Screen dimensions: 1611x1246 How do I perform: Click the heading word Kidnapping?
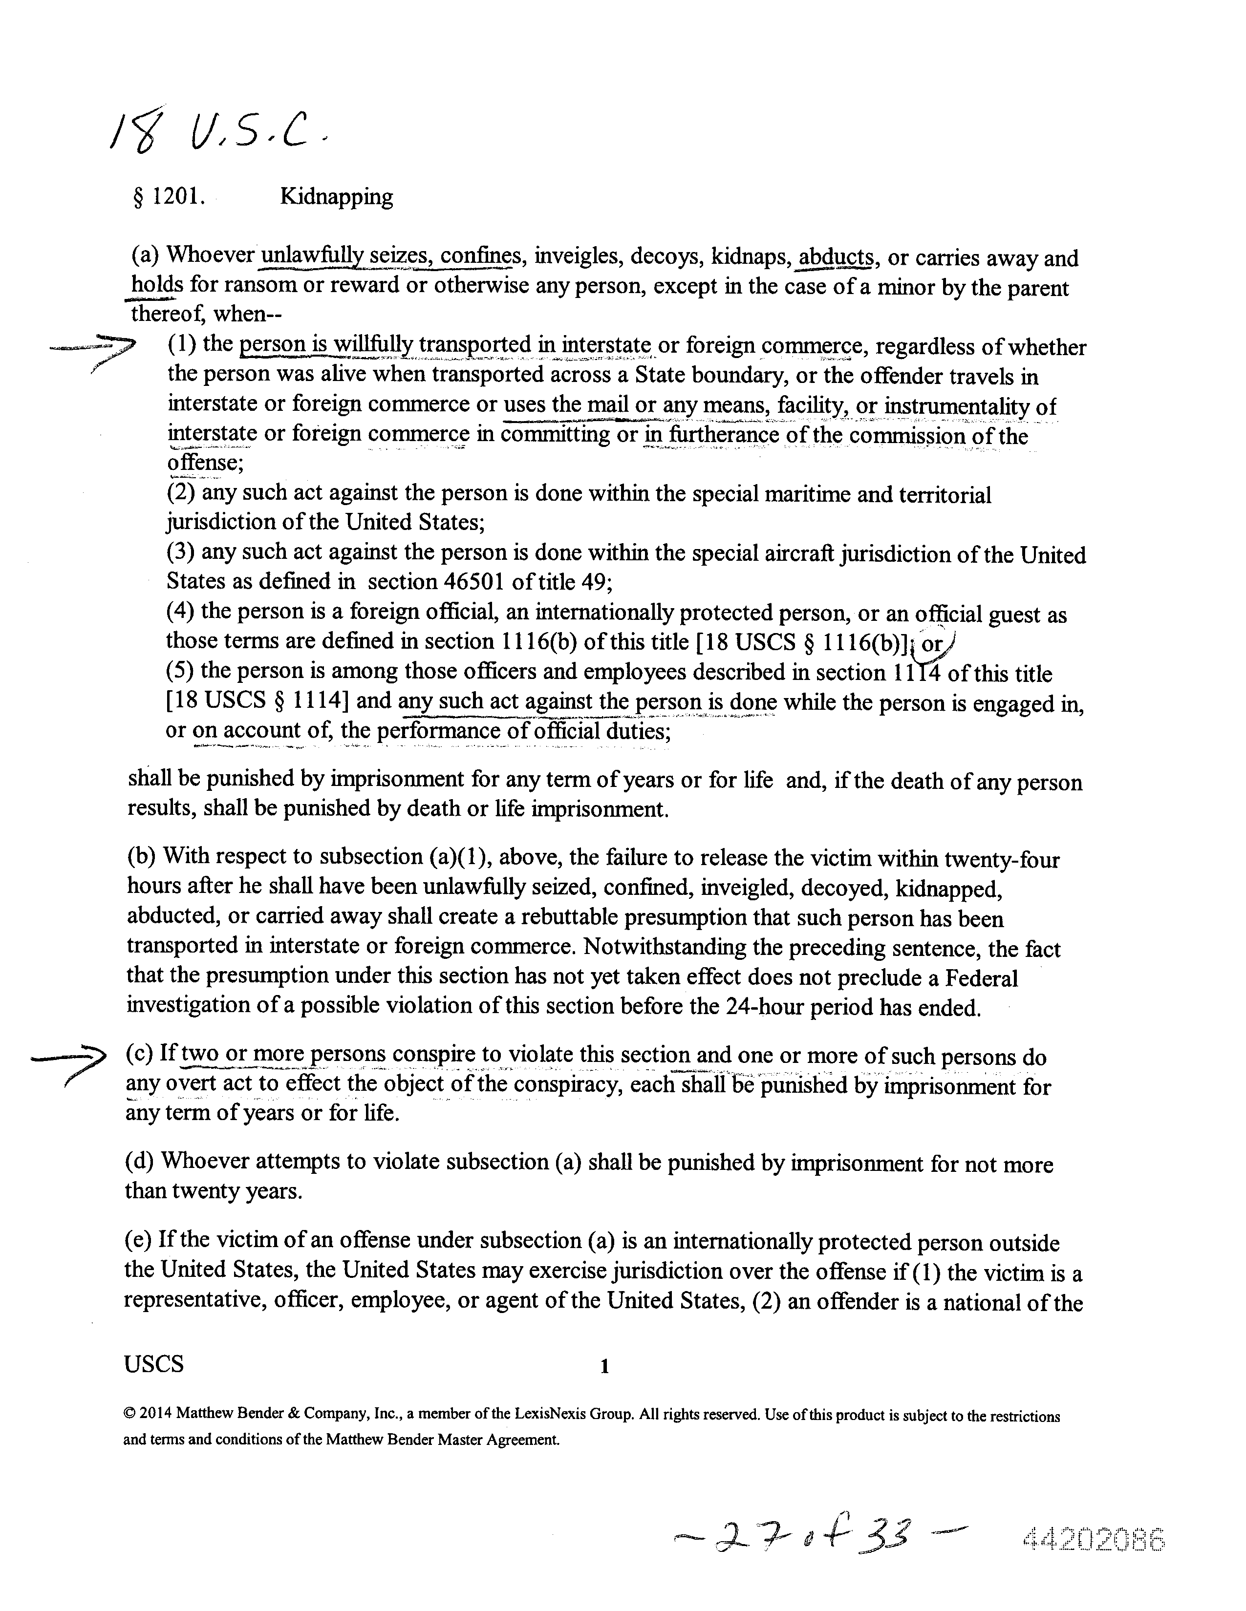336,197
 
